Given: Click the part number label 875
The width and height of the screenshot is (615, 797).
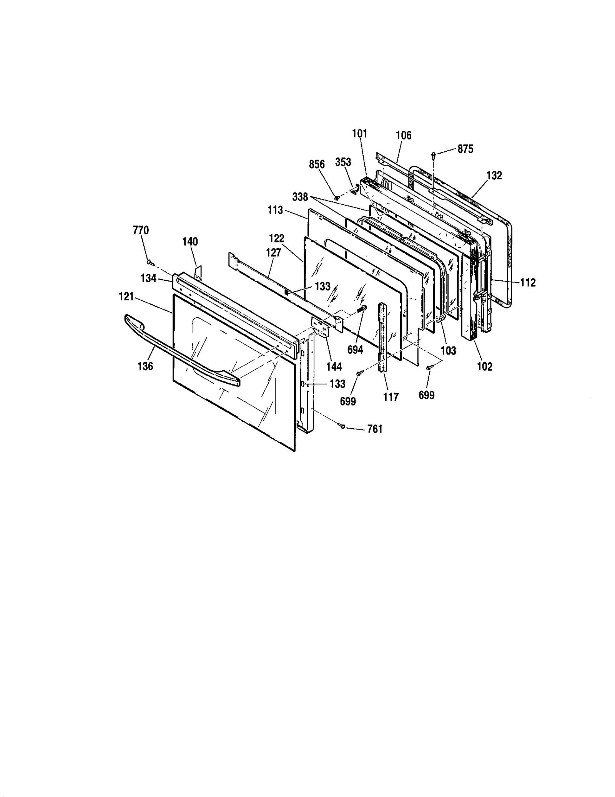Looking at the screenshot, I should [x=465, y=149].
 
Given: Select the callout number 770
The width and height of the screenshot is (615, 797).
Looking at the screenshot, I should [x=141, y=230].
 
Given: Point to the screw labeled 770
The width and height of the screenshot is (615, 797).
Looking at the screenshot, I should [x=149, y=262].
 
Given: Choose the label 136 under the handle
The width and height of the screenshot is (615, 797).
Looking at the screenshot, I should [x=145, y=366].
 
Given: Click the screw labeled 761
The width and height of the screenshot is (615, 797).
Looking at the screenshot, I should [x=342, y=425].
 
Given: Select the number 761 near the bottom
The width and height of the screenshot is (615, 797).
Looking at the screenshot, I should [x=375, y=429].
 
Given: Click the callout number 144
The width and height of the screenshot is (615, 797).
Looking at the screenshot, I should [x=334, y=366].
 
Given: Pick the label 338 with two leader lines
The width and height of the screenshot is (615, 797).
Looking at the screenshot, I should [x=300, y=197].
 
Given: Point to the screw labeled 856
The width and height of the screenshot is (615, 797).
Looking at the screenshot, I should [x=337, y=197].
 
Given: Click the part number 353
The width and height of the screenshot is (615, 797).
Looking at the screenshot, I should [x=343, y=162].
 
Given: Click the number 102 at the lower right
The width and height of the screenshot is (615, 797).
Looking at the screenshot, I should [x=484, y=366].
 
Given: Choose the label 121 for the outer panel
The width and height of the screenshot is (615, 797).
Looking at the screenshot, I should [x=126, y=296].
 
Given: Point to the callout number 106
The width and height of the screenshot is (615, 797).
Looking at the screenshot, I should [x=403, y=135].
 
